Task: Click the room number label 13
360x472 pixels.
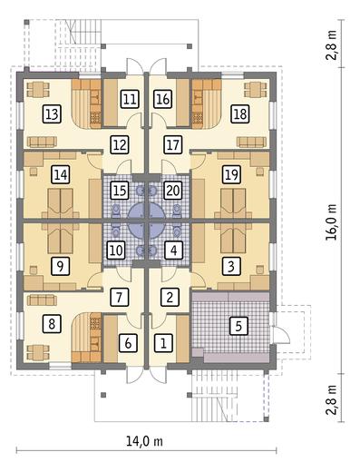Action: [x=52, y=114]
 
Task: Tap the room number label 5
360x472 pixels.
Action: [x=238, y=326]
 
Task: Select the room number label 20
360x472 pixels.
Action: [x=173, y=191]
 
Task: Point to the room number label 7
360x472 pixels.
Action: [x=119, y=297]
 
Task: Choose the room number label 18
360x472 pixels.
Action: [x=240, y=114]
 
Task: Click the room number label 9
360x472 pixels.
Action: [x=60, y=266]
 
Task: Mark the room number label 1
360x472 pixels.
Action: [x=163, y=343]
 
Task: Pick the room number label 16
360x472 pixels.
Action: [x=163, y=99]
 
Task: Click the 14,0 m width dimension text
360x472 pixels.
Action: [x=144, y=441]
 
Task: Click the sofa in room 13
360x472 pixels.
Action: [x=42, y=142]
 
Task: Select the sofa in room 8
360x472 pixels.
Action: [x=42, y=300]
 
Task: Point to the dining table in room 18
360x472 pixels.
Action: [x=256, y=90]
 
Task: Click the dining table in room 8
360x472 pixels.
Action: [x=38, y=353]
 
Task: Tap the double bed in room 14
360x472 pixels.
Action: [x=61, y=203]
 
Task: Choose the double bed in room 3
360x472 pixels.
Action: [x=233, y=239]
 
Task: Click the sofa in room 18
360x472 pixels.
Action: [x=251, y=142]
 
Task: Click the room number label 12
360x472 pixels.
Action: [x=120, y=144]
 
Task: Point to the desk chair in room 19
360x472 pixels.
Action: [x=259, y=172]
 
